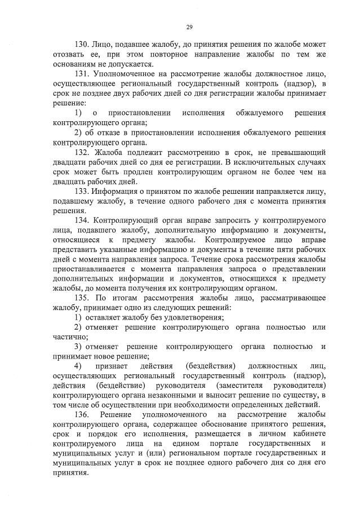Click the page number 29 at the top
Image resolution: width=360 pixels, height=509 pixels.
click(x=189, y=26)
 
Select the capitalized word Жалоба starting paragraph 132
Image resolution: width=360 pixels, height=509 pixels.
click(x=113, y=153)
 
